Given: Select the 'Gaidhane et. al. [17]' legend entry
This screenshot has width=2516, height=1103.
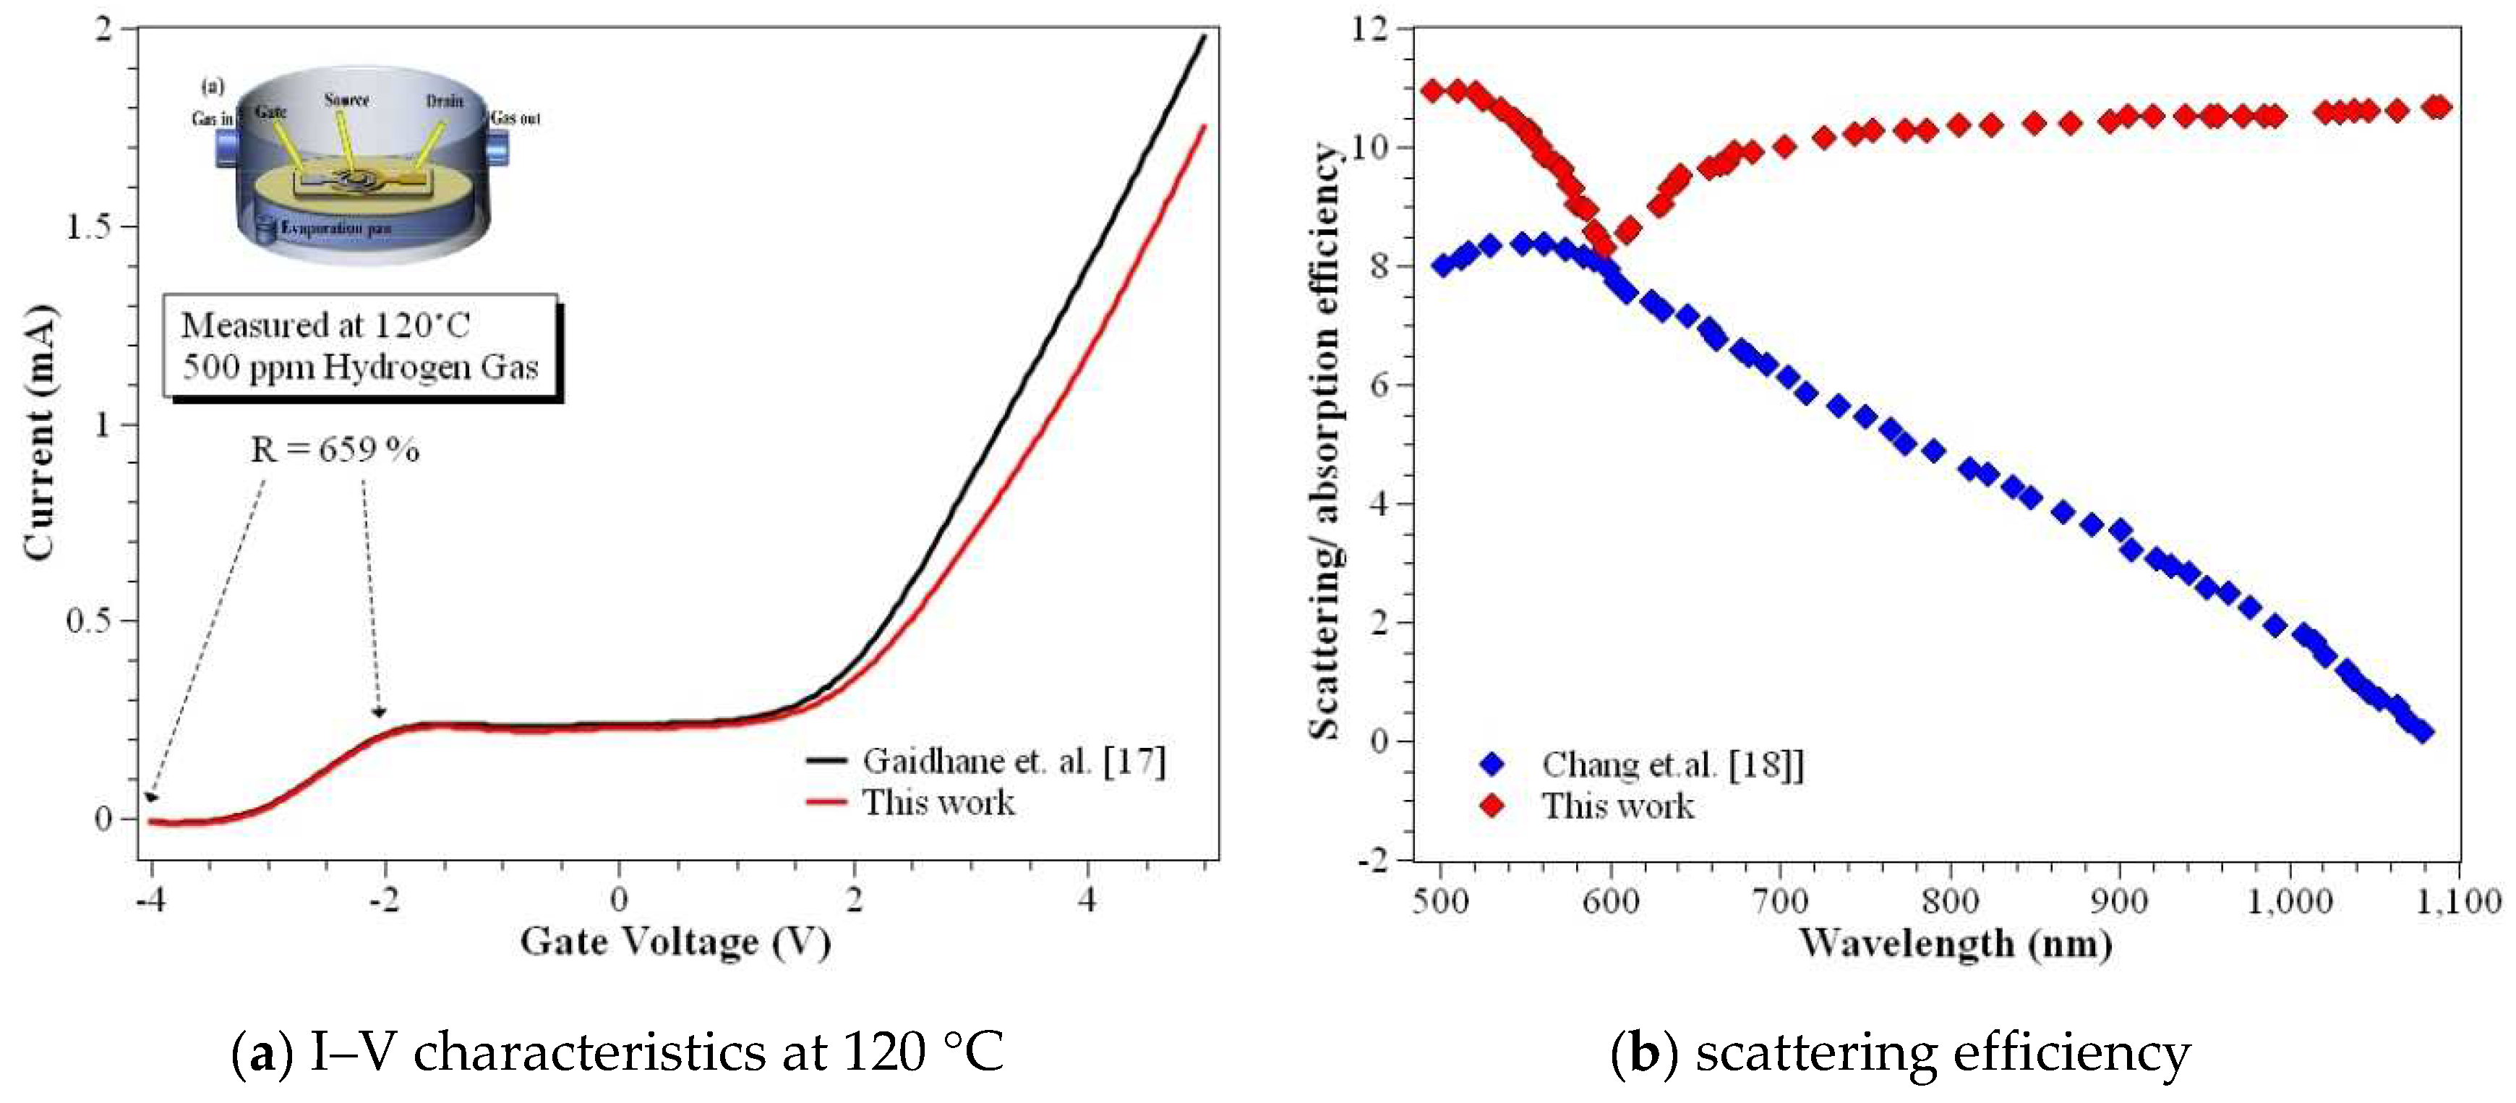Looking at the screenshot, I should coord(1013,761).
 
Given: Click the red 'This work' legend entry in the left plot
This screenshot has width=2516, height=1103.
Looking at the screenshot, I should coord(938,803).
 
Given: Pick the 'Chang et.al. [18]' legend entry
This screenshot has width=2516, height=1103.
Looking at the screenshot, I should coord(1671,764).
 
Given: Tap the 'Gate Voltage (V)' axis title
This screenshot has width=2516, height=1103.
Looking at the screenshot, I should coord(675,942).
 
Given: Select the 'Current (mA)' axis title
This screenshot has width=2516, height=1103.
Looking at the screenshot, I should coord(39,433).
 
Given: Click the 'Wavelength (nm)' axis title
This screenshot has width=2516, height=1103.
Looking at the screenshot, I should coord(1956,944).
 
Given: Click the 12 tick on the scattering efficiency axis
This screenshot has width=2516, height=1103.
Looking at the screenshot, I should coord(1369,30).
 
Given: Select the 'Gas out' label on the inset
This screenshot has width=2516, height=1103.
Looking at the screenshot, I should coord(515,118).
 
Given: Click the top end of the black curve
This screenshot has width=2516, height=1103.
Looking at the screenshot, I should coord(1203,36).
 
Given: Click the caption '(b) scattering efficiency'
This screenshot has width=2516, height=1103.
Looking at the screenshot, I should coord(1900,1053).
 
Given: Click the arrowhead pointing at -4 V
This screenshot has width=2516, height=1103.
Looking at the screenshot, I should coord(150,797).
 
